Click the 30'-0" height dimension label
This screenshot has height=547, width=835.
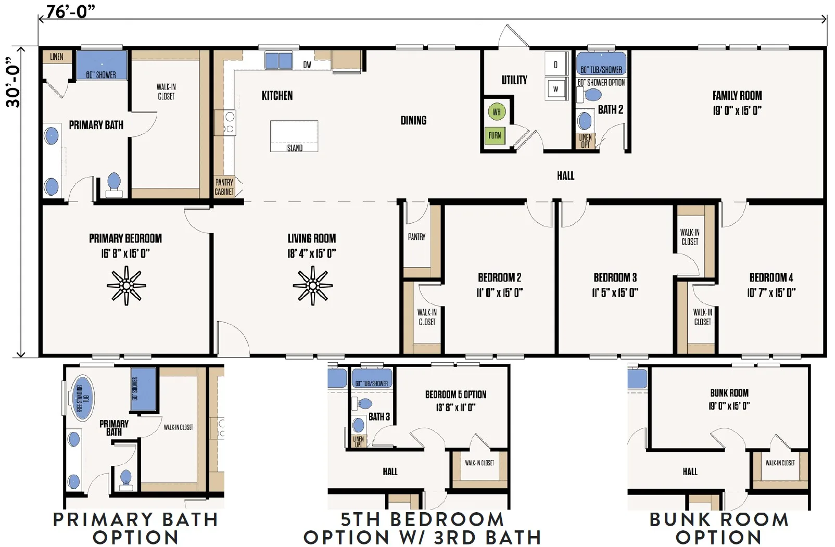13,86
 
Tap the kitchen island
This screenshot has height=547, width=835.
294,136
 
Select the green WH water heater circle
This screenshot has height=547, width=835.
497,111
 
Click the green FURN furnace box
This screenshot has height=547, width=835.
495,135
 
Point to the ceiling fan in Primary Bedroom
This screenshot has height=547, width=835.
126,285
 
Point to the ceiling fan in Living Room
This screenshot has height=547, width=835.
312,285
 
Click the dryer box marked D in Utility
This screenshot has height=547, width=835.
555,65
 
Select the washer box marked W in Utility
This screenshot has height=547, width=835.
555,88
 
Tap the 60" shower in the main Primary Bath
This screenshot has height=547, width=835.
102,65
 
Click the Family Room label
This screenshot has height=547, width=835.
737,96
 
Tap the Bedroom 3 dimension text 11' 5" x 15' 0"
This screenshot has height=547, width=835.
615,292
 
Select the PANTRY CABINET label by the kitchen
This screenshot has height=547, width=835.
224,187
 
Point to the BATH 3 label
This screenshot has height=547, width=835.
379,416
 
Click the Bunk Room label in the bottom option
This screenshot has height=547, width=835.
729,393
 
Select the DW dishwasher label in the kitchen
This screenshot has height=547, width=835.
307,65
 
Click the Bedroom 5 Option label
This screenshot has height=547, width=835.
456,395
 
